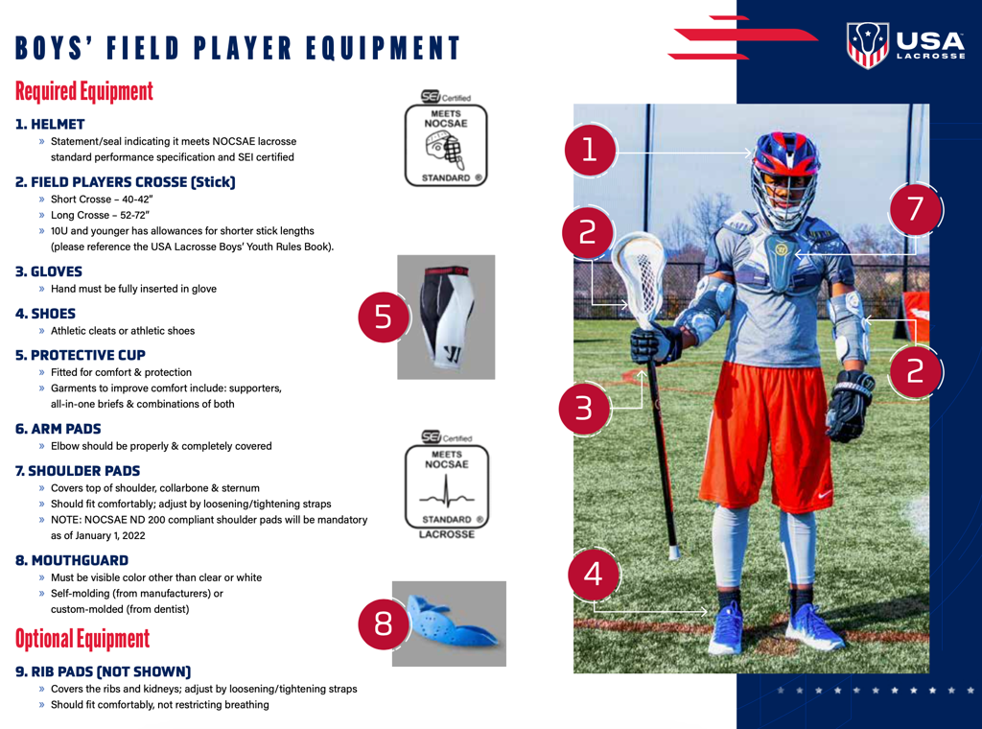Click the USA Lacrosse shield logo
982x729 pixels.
[x=867, y=44]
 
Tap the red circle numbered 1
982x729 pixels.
[x=590, y=151]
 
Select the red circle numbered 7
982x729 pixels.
[x=915, y=209]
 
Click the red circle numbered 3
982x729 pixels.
[x=584, y=409]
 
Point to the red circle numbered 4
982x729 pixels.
[x=593, y=575]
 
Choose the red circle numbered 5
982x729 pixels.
[x=384, y=317]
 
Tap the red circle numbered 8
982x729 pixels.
[x=384, y=623]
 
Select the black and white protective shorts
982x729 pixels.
[x=446, y=317]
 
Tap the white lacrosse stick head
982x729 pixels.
[x=639, y=279]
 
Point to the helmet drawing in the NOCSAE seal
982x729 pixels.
[x=445, y=151]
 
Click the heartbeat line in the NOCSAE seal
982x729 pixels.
[x=447, y=493]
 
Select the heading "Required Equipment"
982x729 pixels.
[x=84, y=91]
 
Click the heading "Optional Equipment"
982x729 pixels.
[x=82, y=639]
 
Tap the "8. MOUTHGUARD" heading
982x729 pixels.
[x=72, y=560]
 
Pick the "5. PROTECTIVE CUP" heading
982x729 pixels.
[x=81, y=355]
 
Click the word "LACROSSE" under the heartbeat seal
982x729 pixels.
[x=447, y=534]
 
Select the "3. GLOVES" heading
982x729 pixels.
[x=49, y=271]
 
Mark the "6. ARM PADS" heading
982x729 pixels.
[x=58, y=429]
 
